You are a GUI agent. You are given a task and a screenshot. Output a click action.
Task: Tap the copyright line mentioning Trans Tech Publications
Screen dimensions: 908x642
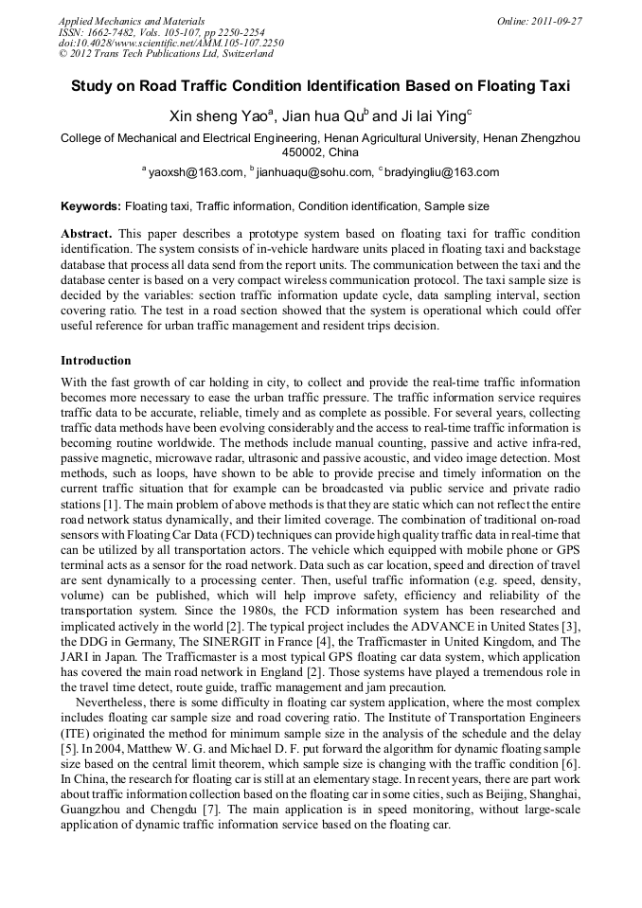pyautogui.click(x=166, y=54)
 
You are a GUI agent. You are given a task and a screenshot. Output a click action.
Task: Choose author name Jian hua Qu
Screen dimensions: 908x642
pyautogui.click(x=323, y=117)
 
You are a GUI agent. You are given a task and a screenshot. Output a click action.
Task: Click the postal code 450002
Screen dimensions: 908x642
pyautogui.click(x=305, y=151)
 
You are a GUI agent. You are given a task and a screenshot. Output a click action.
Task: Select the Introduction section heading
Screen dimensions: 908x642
pyautogui.click(x=96, y=361)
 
